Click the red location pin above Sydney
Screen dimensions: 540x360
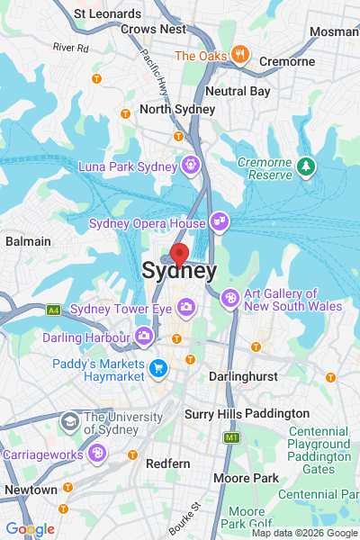179,254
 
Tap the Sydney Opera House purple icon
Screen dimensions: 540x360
219,221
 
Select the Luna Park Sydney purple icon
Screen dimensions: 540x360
190,165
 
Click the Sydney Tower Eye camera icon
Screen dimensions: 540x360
186,309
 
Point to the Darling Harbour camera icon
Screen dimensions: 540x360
144,337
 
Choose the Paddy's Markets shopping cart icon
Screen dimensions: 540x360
159,367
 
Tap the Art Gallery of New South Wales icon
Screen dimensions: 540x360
230,297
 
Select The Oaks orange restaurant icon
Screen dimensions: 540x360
238,54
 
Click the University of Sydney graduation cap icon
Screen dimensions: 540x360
69,421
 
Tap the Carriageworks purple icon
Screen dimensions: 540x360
95,453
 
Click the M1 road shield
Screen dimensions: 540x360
232,437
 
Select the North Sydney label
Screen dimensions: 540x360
177,109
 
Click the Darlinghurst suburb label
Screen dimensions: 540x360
238,374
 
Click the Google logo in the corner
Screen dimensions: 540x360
30,529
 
